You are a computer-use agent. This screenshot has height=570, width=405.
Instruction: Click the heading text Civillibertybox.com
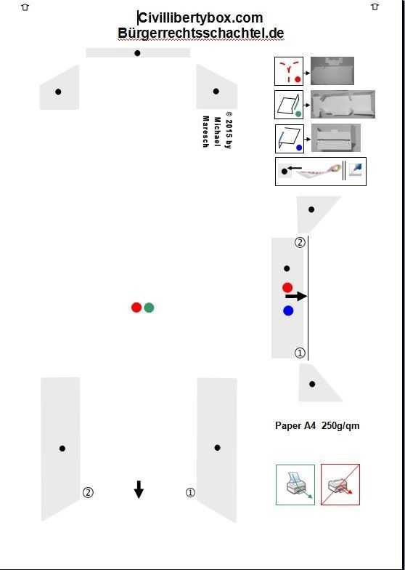(x=200, y=17)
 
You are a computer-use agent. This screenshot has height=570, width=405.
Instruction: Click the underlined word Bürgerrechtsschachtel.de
(x=200, y=33)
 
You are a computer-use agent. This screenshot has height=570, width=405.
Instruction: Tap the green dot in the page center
(x=149, y=308)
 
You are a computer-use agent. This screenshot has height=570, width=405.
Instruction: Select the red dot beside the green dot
(x=136, y=308)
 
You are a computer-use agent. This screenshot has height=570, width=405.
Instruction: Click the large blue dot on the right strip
(x=288, y=311)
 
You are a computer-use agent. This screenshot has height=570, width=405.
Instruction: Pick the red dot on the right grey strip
(x=287, y=288)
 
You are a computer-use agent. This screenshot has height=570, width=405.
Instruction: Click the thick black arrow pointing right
(x=296, y=297)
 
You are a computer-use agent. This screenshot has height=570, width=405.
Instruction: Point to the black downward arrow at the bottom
(x=139, y=489)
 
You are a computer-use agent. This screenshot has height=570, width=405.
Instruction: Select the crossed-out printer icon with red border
(x=340, y=484)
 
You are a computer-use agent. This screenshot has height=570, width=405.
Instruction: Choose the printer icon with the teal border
(x=295, y=484)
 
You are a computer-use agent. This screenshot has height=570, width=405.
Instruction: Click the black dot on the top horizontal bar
(x=137, y=53)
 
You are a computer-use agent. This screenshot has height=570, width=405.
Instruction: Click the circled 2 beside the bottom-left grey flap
(x=88, y=493)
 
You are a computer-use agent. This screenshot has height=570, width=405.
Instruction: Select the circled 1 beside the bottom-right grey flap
(x=190, y=493)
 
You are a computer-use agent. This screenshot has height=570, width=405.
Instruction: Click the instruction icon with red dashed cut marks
(x=289, y=71)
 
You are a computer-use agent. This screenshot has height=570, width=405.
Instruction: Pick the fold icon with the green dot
(x=289, y=105)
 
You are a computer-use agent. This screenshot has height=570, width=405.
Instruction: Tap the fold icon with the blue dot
(x=290, y=139)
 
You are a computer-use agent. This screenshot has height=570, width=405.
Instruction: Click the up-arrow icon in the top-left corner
(x=25, y=7)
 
